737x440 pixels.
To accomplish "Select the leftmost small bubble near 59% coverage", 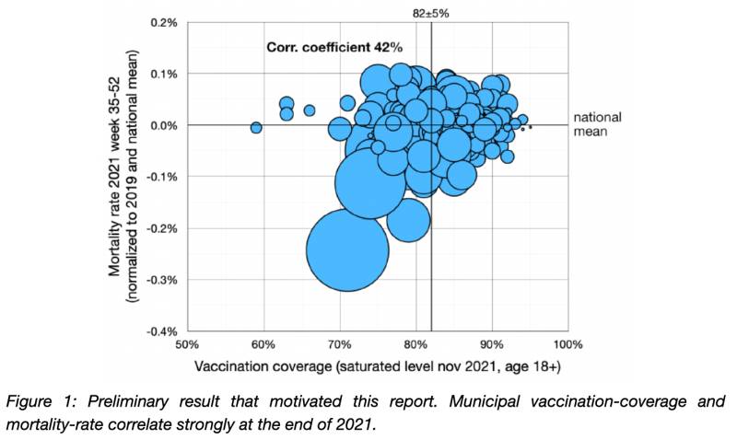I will (256, 128).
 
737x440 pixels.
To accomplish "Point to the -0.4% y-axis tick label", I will (163, 331).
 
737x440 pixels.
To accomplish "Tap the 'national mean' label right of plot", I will (597, 124).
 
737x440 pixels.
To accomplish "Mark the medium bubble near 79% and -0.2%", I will (408, 219).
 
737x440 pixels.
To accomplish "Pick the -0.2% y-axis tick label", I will (163, 228).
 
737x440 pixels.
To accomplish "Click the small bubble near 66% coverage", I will (310, 110).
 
